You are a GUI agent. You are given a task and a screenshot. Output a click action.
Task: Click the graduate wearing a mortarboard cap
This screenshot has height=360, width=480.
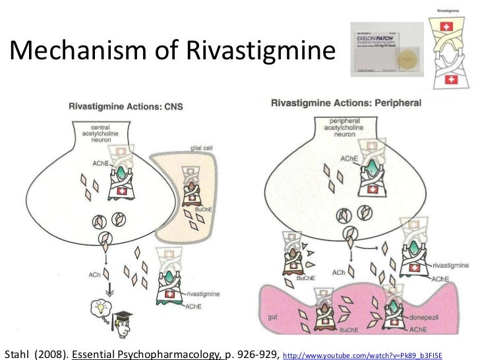pos(122,319)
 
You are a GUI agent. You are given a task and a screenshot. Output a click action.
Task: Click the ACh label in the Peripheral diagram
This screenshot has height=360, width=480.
pos(340,272)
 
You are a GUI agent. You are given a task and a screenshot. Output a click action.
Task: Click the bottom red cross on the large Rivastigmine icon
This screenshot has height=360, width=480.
pos(452,80)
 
